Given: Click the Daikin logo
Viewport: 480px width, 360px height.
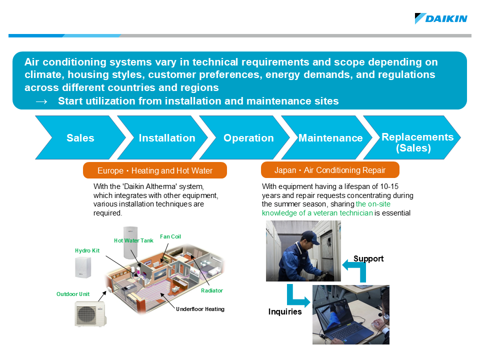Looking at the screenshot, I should [441, 18].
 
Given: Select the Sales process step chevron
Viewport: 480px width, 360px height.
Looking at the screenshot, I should [80, 138].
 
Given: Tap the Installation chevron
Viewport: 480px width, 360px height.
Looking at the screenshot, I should [166, 138].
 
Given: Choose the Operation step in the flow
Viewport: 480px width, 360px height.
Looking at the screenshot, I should [248, 138].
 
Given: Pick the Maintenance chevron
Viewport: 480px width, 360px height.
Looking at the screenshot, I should [330, 138].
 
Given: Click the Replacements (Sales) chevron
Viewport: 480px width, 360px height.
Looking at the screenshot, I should [417, 142].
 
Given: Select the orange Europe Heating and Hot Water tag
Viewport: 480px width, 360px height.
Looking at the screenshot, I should [154, 170].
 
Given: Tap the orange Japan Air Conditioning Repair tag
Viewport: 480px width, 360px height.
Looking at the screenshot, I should [330, 170].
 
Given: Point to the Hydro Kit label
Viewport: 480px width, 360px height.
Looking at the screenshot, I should [87, 250].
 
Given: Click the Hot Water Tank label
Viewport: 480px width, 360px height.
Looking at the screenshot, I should [133, 240].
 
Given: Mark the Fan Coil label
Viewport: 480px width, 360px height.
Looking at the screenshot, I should [170, 236].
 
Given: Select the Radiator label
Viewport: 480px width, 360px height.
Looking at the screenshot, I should [212, 290].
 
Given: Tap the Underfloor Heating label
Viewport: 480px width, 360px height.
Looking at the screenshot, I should [200, 309].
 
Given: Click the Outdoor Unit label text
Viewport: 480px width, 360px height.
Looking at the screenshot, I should [73, 294].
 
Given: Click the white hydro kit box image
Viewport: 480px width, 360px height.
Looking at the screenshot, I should [83, 267].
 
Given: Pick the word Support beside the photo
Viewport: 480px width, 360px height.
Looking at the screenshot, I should [368, 258].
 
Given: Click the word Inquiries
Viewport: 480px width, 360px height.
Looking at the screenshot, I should [285, 312].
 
